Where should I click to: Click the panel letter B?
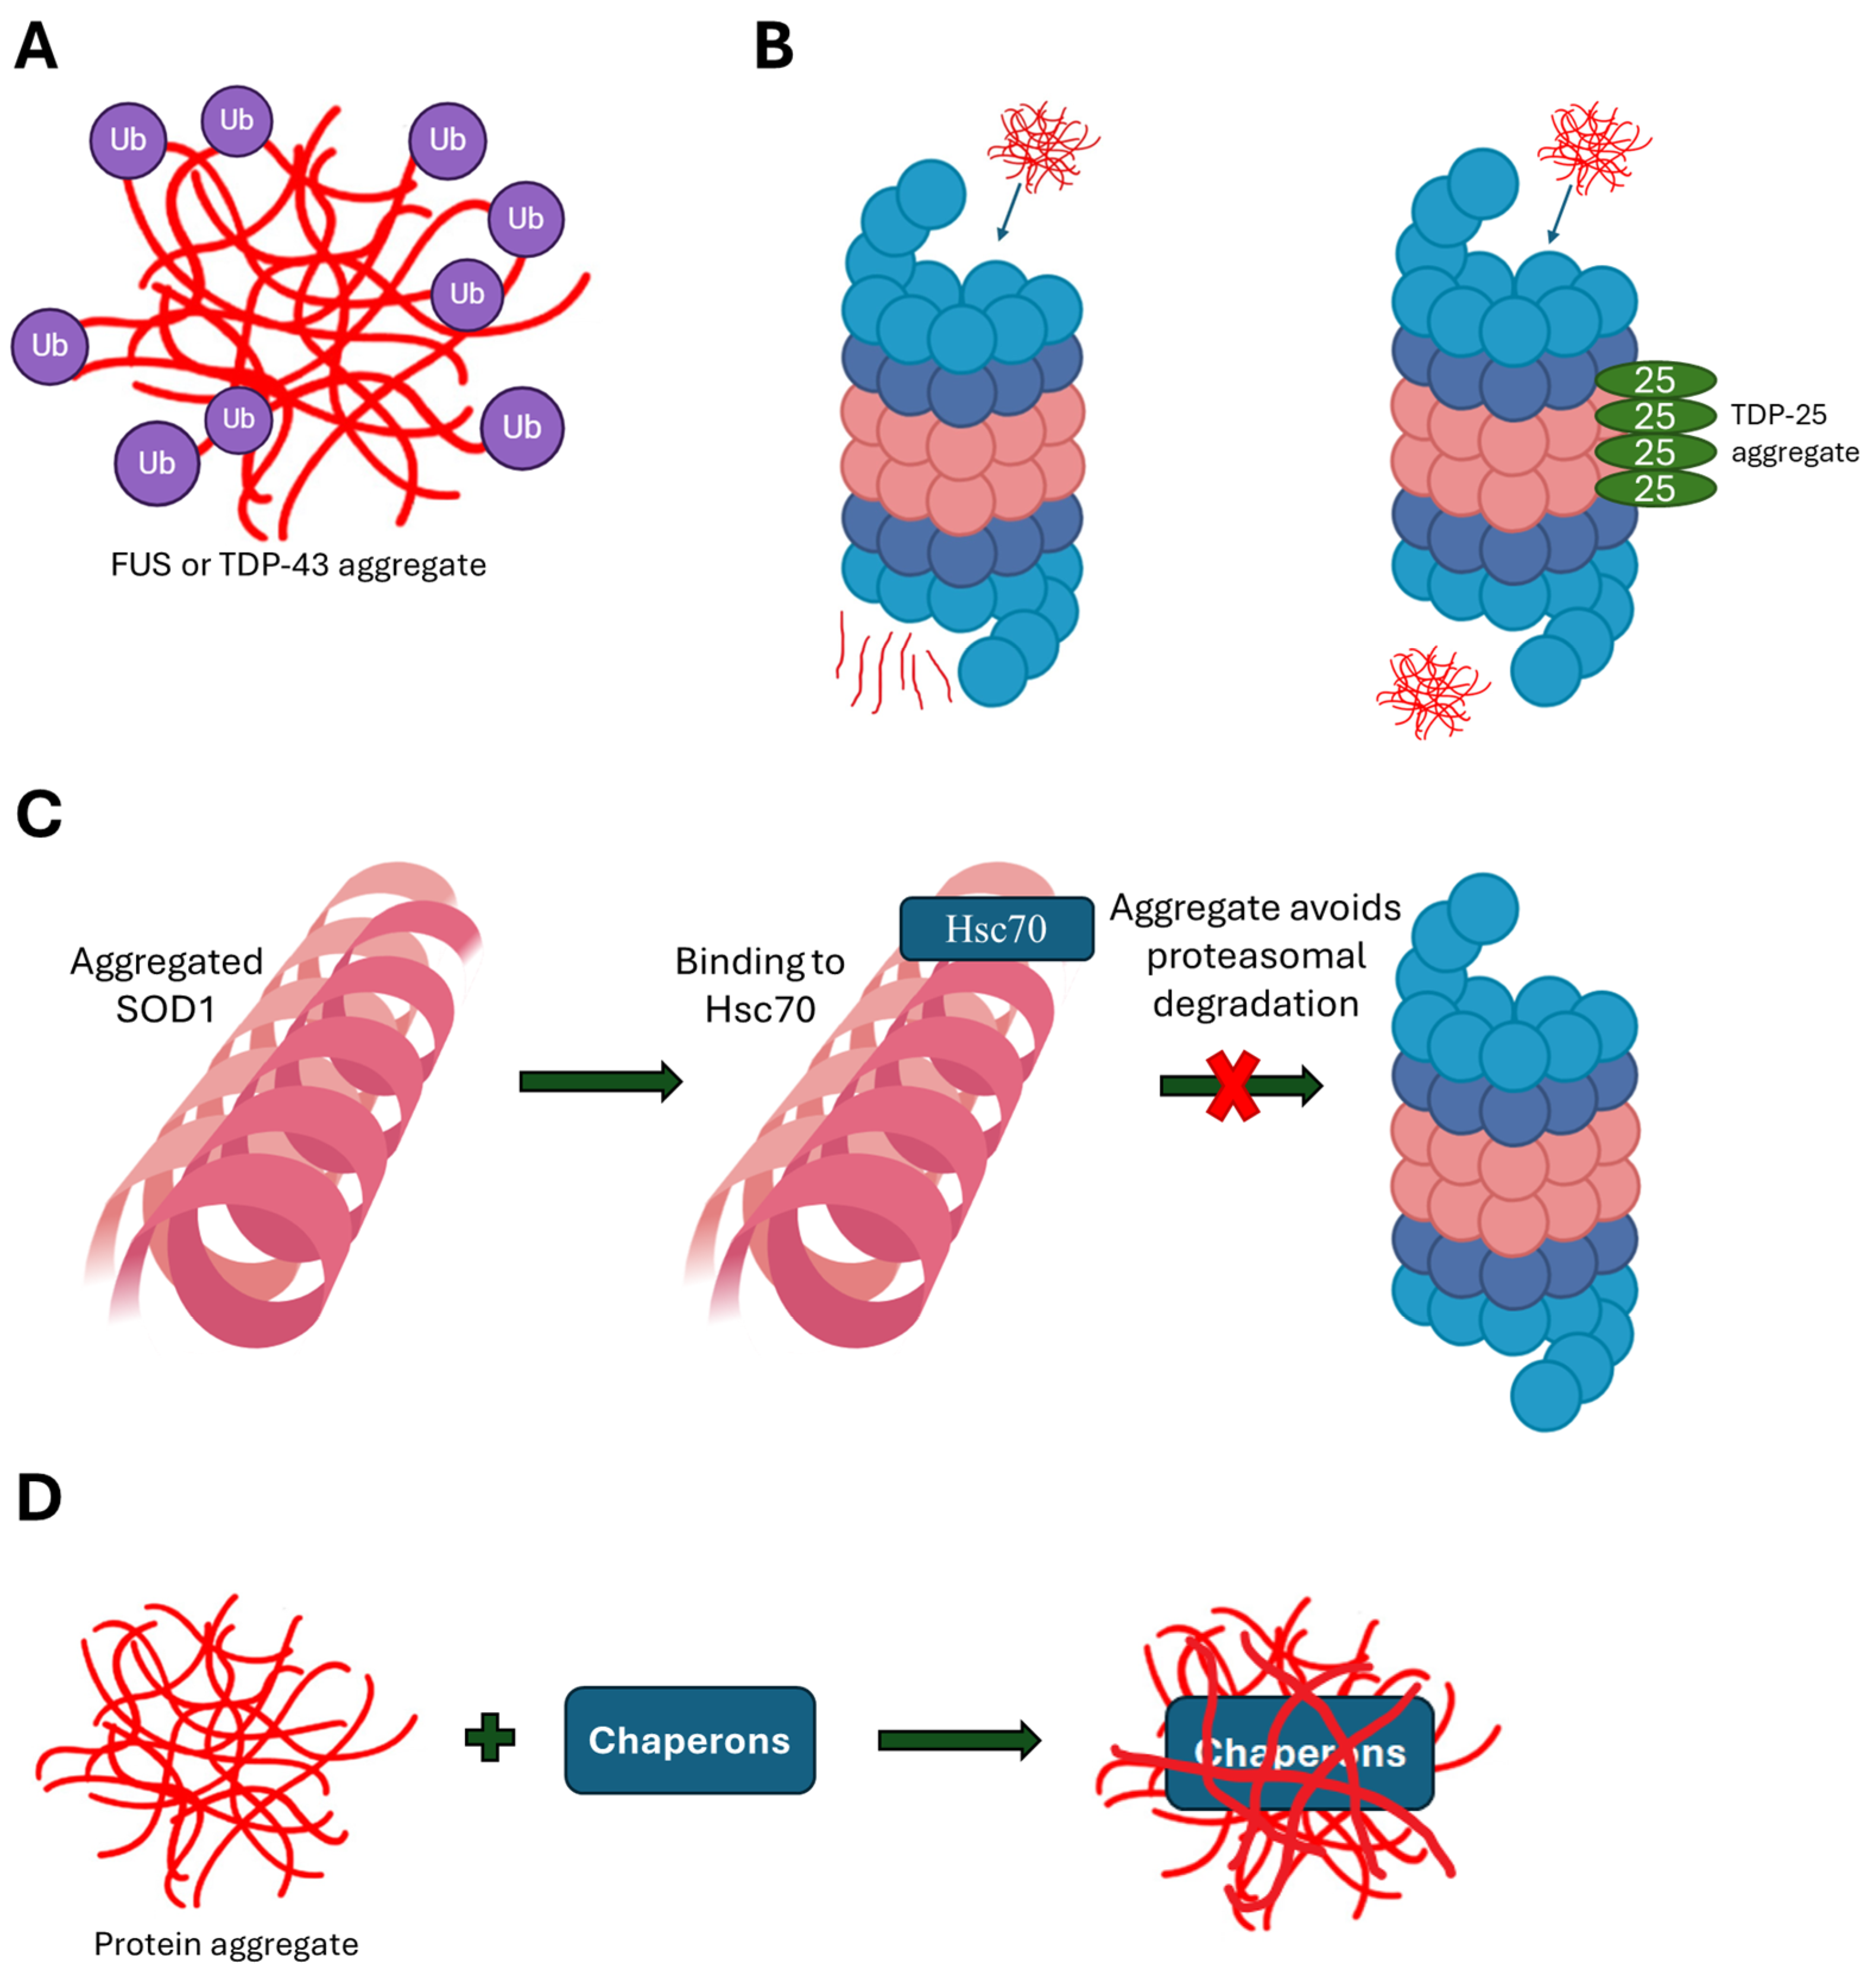(774, 47)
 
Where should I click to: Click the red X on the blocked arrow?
(1233, 1085)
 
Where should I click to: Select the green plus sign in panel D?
(490, 1738)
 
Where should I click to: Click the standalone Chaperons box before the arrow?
(689, 1740)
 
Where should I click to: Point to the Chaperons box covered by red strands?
(1299, 1753)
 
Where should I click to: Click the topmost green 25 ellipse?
(1655, 380)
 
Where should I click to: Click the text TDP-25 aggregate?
(1793, 433)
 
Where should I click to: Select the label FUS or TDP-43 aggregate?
(299, 565)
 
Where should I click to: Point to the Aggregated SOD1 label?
(166, 985)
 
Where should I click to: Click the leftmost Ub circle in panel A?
(49, 346)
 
